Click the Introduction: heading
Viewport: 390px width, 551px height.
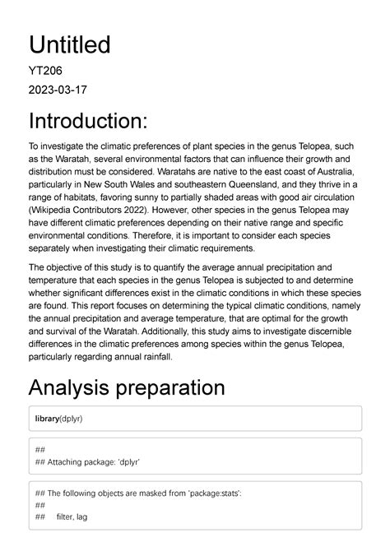coord(89,121)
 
